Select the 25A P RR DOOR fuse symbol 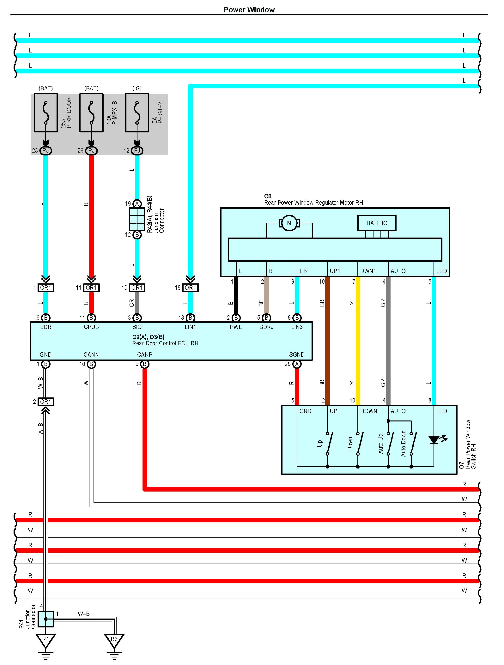(46, 113)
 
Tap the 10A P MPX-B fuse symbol (91, 113)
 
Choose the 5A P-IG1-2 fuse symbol (137, 113)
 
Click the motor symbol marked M (289, 223)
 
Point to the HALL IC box (377, 223)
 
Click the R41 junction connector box (46, 619)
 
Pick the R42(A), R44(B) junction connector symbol (137, 219)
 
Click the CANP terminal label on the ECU (145, 355)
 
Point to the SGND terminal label (297, 355)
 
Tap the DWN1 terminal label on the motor (368, 271)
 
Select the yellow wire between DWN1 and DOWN (358, 341)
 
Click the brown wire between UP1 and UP (328, 341)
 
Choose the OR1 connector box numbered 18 (190, 288)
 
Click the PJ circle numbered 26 (91, 150)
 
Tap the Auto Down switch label (404, 443)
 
